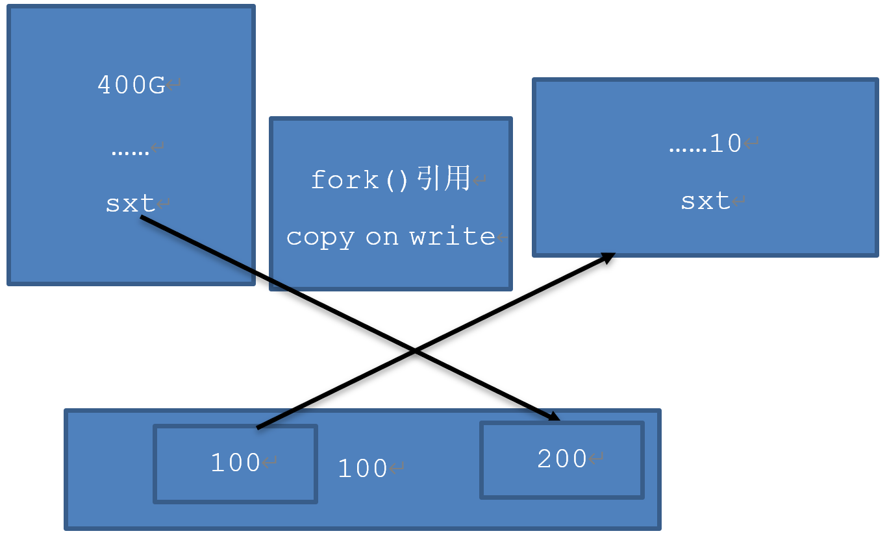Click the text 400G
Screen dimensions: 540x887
click(131, 85)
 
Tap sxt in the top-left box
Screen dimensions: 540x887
click(131, 204)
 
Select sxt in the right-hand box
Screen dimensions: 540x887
click(705, 201)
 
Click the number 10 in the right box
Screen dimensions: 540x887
click(725, 143)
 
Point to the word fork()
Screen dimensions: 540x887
click(360, 180)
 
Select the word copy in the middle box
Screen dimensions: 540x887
click(320, 237)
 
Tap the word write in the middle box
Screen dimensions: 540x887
click(453, 236)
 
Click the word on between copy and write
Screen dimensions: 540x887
click(382, 237)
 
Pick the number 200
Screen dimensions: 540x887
click(562, 460)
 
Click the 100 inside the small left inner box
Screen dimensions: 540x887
click(235, 463)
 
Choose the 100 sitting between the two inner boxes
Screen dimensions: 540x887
click(362, 469)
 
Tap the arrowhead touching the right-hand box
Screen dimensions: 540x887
click(608, 257)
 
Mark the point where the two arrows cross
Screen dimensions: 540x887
click(415, 351)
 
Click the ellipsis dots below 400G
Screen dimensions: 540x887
click(130, 151)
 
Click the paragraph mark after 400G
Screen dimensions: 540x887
click(173, 85)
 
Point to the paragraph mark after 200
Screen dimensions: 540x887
click(595, 460)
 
